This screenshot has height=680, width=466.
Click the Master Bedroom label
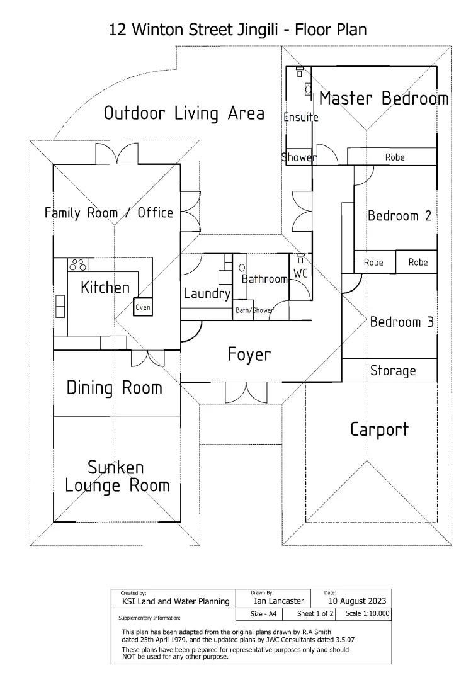[384, 99]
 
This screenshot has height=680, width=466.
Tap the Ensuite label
[300, 117]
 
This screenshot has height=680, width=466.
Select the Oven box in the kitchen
[143, 307]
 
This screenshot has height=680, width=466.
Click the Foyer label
[249, 354]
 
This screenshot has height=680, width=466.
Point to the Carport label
[379, 430]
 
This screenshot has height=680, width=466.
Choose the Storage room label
[393, 370]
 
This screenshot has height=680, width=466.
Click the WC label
[300, 275]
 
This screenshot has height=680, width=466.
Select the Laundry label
[207, 294]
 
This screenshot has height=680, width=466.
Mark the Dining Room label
[114, 388]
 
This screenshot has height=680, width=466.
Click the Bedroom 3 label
[402, 322]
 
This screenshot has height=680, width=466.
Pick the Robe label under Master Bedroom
[395, 157]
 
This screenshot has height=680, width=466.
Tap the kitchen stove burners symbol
[77, 264]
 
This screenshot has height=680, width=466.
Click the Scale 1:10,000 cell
[368, 613]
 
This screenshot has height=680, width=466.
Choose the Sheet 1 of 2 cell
[315, 613]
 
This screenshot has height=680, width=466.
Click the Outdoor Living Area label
[184, 113]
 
